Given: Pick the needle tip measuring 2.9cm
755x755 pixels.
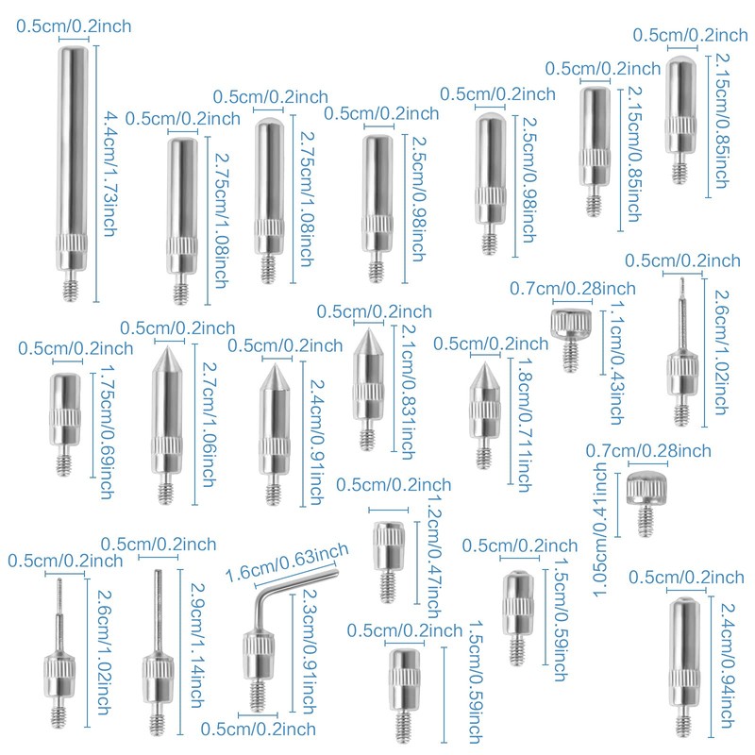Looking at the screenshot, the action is [158, 651].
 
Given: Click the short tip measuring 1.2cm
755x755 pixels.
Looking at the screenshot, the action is [387, 557].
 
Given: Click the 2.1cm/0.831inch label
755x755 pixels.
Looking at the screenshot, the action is [406, 387].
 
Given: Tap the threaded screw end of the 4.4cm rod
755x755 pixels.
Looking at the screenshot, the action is [74, 286].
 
